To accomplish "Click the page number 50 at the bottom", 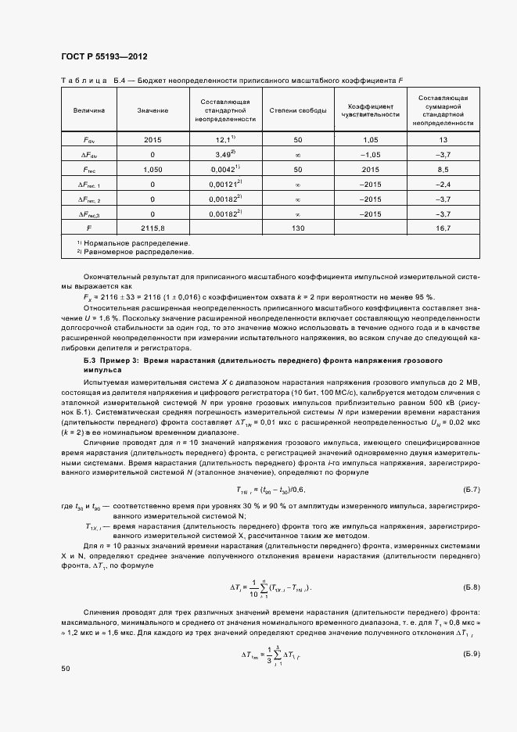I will (x=65, y=669).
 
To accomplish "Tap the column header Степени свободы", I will (x=298, y=110).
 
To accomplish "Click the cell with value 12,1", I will (x=226, y=139).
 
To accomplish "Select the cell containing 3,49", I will (x=226, y=154).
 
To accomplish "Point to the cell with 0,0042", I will (x=226, y=169).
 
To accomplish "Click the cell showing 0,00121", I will (x=226, y=184).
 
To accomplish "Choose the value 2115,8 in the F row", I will (x=153, y=228).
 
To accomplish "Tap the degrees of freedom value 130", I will (x=298, y=228).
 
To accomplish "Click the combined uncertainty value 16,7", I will (x=443, y=228).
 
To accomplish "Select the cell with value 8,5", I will (x=443, y=169).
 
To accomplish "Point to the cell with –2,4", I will (x=443, y=184).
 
